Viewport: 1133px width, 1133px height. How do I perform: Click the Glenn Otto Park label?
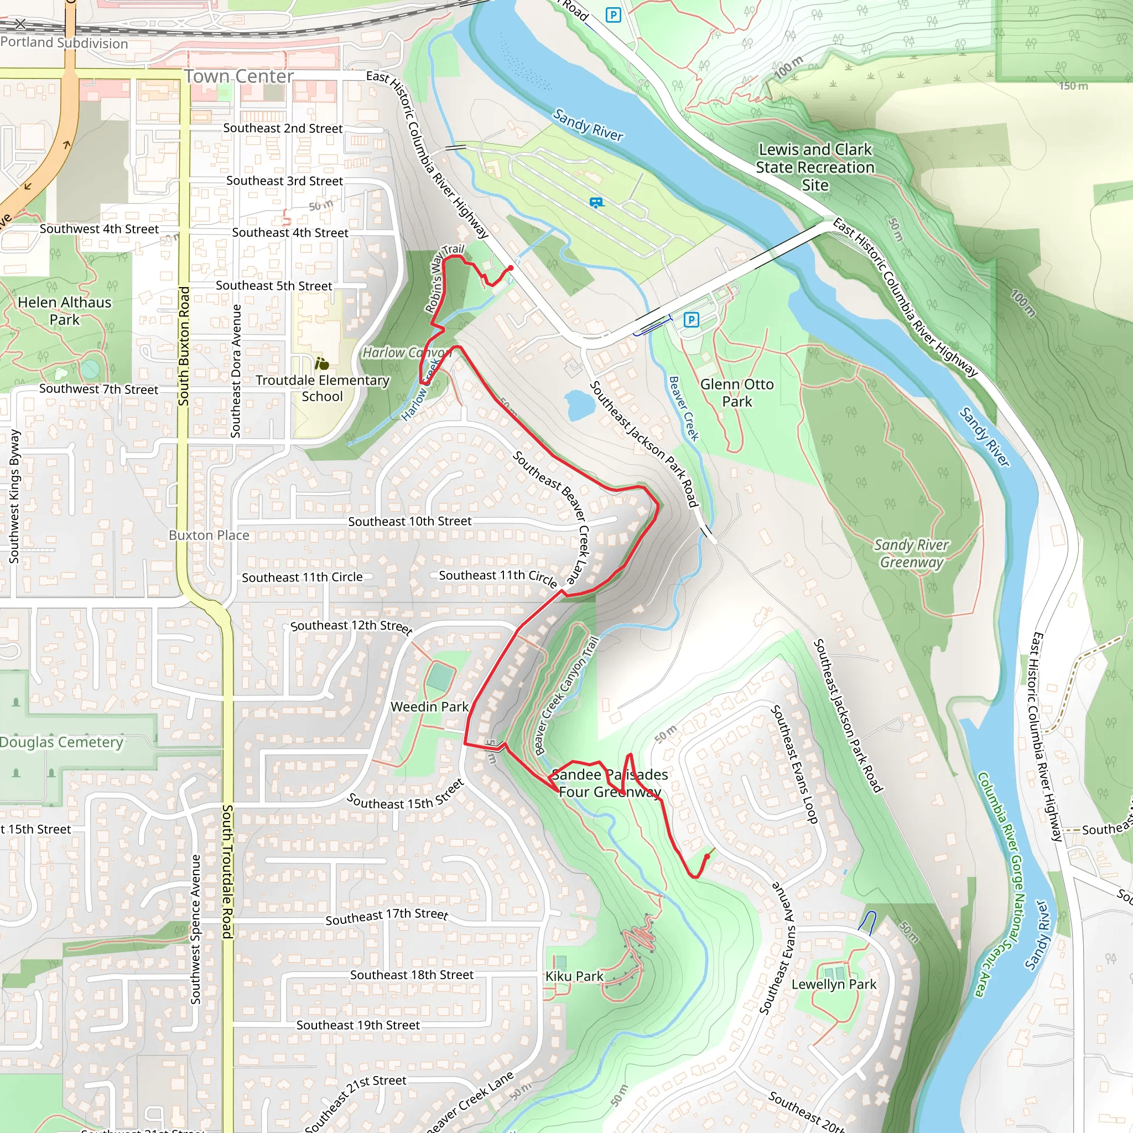(736, 393)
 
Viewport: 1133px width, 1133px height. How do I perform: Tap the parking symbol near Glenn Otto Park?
(691, 320)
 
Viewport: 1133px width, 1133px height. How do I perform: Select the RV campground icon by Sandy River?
(596, 203)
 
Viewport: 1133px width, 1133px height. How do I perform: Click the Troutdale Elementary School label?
(322, 388)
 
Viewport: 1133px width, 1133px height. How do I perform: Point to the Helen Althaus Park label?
(65, 311)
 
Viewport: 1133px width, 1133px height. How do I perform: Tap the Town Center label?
(238, 76)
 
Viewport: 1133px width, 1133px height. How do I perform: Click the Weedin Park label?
(429, 706)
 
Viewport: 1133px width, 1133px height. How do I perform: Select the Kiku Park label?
(574, 976)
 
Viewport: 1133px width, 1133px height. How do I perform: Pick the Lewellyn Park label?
(833, 984)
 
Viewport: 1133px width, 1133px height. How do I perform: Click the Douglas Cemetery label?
(61, 742)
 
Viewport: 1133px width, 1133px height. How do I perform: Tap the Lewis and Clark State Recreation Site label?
(814, 167)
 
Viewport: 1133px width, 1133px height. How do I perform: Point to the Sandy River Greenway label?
(911, 553)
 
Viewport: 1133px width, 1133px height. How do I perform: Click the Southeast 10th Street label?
(409, 521)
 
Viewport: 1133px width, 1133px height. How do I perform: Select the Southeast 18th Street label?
(411, 975)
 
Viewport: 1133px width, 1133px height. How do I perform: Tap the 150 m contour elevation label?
(1073, 86)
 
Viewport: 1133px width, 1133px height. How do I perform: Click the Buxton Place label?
(209, 536)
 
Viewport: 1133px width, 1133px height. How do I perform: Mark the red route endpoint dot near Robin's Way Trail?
(511, 268)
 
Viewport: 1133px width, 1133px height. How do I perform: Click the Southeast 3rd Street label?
(284, 180)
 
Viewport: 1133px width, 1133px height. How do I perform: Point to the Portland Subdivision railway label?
(64, 43)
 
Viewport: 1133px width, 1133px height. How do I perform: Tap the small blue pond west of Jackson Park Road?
(579, 406)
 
